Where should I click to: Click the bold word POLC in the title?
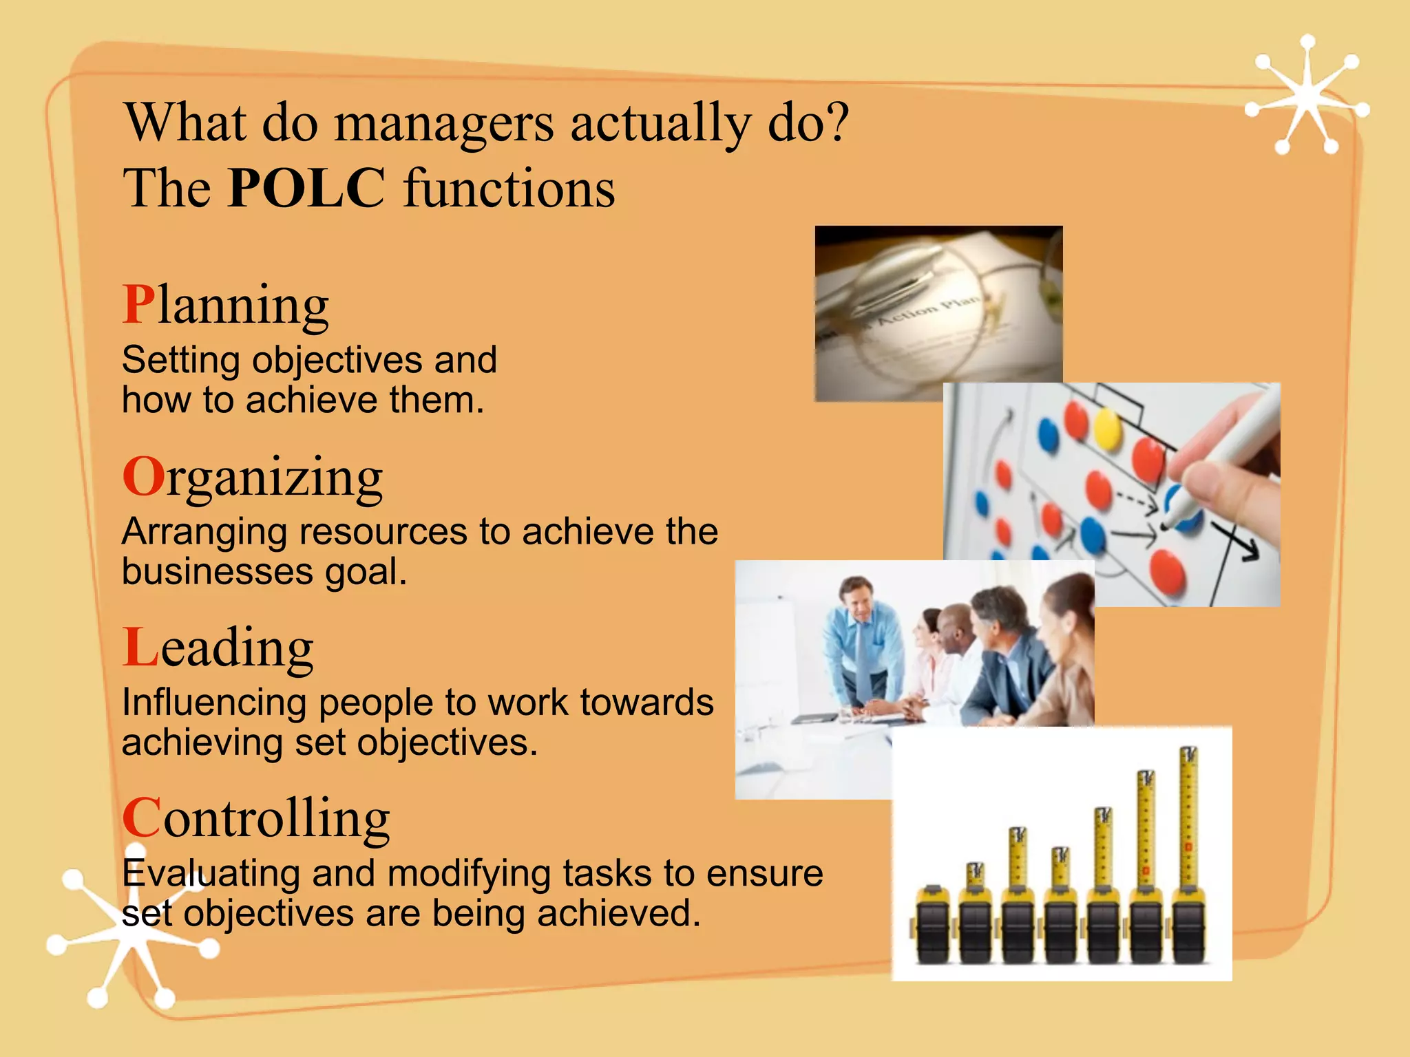[306, 188]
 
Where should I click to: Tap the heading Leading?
[218, 648]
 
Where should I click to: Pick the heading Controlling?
[256, 818]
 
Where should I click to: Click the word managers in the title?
[444, 122]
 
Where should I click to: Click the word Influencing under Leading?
[213, 703]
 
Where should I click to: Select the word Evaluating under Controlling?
[211, 873]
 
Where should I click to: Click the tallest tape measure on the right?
[1188, 853]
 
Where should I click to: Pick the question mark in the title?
[836, 122]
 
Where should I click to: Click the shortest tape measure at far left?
[933, 926]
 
